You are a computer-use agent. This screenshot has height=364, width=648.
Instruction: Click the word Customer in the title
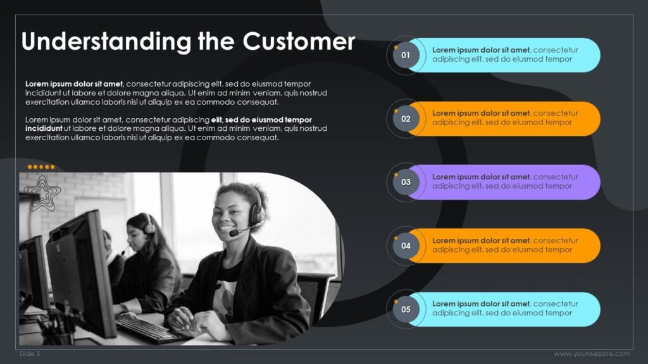point(299,42)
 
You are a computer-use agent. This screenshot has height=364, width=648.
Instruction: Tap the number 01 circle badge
point(406,55)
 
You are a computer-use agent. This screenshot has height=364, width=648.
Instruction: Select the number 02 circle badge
point(406,118)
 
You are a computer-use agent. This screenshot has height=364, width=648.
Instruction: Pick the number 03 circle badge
point(406,182)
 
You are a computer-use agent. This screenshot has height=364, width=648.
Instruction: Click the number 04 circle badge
point(406,246)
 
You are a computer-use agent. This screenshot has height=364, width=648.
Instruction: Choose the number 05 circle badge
point(406,310)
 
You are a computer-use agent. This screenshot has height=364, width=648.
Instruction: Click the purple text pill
point(506,182)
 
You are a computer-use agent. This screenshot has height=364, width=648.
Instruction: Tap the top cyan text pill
point(506,55)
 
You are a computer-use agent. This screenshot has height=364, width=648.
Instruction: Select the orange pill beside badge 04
point(506,246)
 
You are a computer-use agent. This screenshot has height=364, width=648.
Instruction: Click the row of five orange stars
point(41,167)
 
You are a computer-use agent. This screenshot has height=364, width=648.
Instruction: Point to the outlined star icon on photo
point(44,191)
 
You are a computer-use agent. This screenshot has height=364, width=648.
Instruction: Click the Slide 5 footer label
point(30,354)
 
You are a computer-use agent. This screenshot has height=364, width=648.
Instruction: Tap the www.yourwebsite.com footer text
point(592,354)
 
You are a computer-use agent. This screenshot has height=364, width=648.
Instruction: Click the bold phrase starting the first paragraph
point(74,84)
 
